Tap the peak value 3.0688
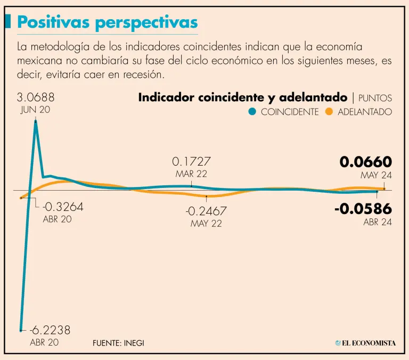click(x=36, y=98)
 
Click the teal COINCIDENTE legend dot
click(x=252, y=112)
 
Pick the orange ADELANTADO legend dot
click(x=329, y=112)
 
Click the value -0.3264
click(x=63, y=207)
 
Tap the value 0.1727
click(x=191, y=161)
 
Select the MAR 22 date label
click(x=191, y=174)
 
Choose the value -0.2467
click(x=206, y=211)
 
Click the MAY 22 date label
click(x=206, y=224)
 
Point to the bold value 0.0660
click(x=366, y=162)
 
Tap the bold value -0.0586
click(x=363, y=209)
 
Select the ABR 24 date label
click(x=378, y=222)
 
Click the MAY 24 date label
click(x=376, y=175)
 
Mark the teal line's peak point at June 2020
click(x=36, y=121)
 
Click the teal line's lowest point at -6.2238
click(x=21, y=330)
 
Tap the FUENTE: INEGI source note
click(x=118, y=343)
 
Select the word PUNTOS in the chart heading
click(x=375, y=98)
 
